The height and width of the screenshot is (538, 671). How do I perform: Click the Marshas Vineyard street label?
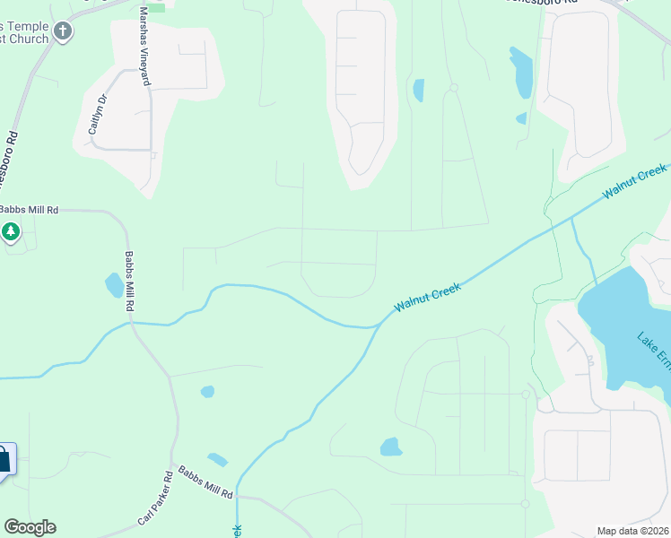point(144,47)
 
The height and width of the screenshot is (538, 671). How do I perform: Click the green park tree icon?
point(10,232)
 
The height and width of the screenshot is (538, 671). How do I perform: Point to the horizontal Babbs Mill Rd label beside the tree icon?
point(29,210)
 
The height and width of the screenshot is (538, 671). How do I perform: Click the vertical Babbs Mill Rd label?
point(129,281)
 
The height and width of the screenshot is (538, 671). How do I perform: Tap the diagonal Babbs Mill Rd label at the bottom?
point(205,482)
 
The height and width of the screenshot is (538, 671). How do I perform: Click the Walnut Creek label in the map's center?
point(427,297)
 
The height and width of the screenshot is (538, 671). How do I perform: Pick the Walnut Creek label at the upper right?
point(635,181)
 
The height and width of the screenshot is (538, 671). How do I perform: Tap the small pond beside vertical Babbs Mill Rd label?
point(114,286)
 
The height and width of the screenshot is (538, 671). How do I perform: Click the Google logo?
point(30,527)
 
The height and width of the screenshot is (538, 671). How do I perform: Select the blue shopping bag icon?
point(4,460)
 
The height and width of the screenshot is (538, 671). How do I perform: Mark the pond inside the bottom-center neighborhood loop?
point(389,447)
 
